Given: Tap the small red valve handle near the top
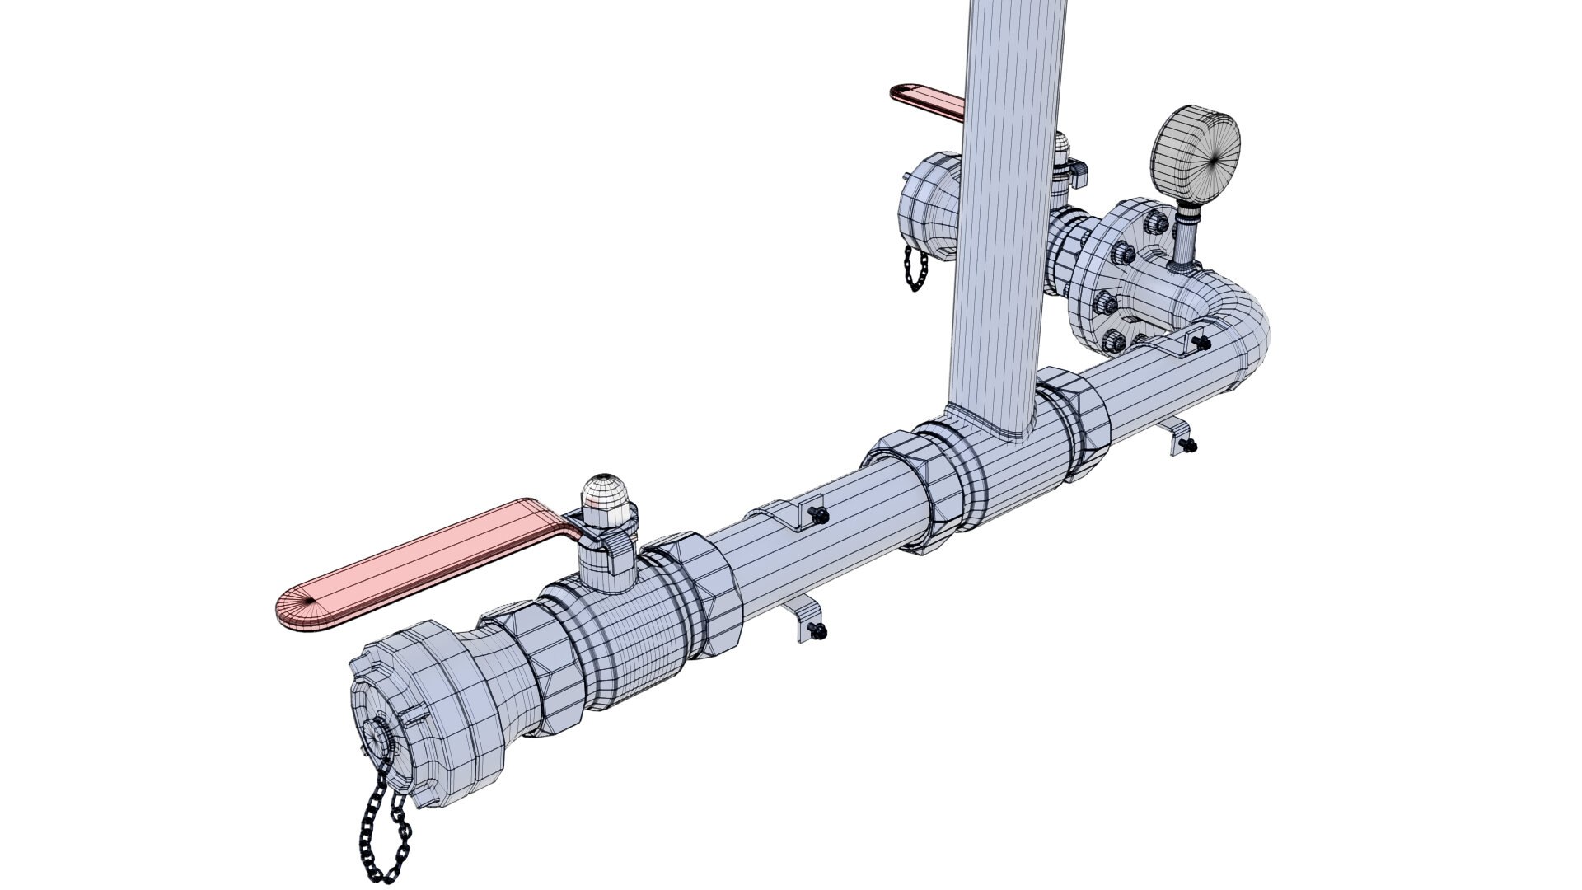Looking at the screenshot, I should pos(931,101).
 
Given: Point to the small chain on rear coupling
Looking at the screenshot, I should pos(915,268).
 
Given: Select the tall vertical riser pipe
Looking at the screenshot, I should pos(1009,206).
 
